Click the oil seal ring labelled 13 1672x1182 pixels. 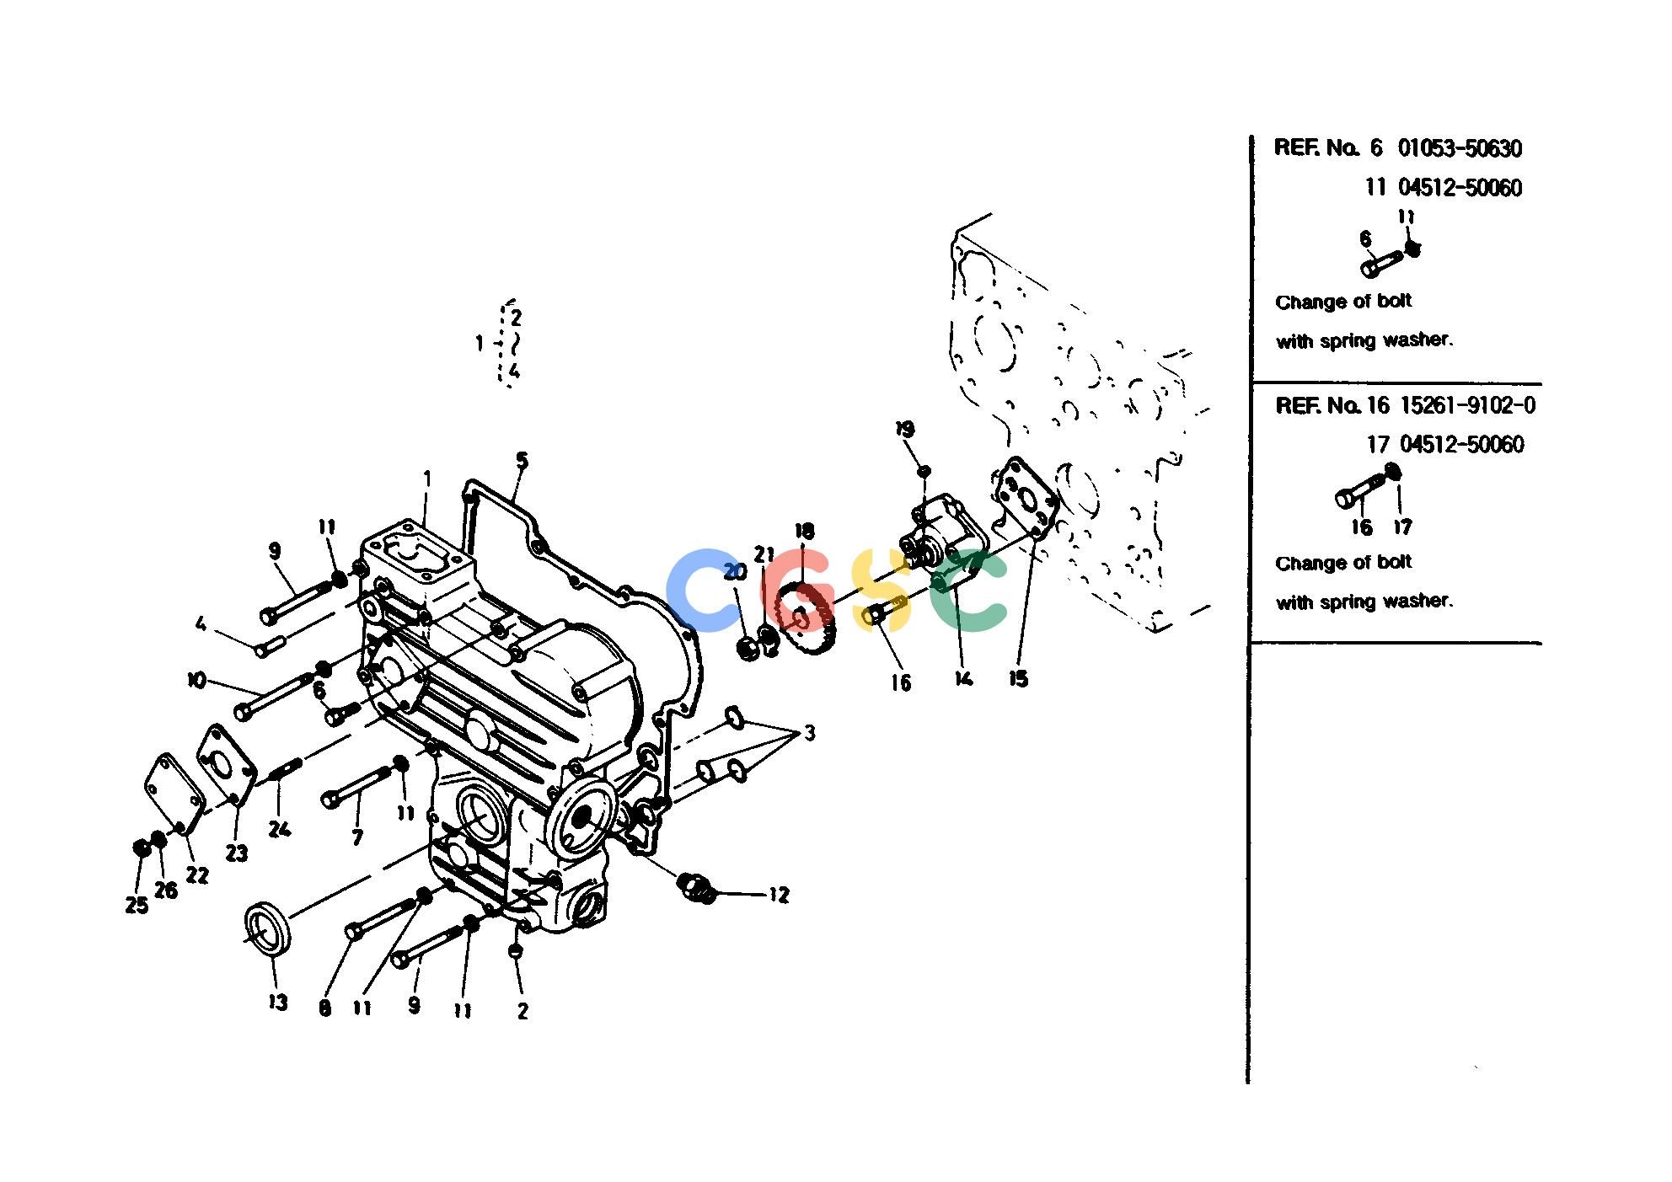coord(267,928)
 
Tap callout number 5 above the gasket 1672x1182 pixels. coord(522,460)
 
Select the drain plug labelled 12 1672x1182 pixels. coord(696,887)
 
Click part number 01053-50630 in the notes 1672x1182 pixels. coord(1460,149)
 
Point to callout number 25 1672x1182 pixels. coord(137,906)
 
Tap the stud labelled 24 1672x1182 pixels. coord(285,770)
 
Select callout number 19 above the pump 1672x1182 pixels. coord(905,429)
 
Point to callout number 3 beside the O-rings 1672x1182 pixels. coord(809,733)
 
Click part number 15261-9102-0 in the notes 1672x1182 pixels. coord(1467,406)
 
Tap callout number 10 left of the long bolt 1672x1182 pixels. coord(196,679)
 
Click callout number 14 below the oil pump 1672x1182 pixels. coord(963,678)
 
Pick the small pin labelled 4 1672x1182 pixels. coord(270,646)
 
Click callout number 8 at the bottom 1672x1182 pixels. coord(325,1008)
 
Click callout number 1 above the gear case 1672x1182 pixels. coord(427,479)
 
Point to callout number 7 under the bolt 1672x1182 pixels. coord(357,837)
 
